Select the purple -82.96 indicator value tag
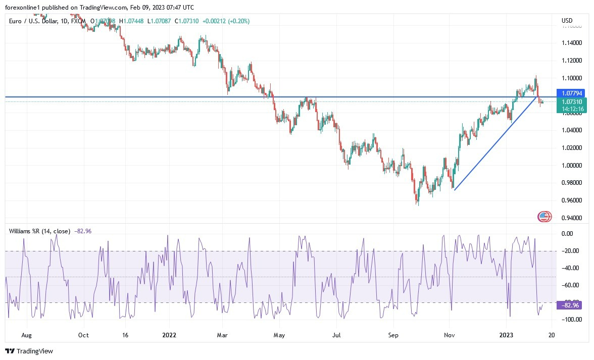click(x=569, y=305)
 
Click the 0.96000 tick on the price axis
click(x=572, y=200)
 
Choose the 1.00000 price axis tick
click(x=572, y=166)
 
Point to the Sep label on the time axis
click(x=393, y=335)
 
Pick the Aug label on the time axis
click(x=27, y=335)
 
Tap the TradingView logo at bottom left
click(x=29, y=351)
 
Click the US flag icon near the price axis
click(x=543, y=217)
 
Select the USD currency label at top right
click(x=567, y=21)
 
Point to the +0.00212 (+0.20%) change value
click(x=226, y=21)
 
